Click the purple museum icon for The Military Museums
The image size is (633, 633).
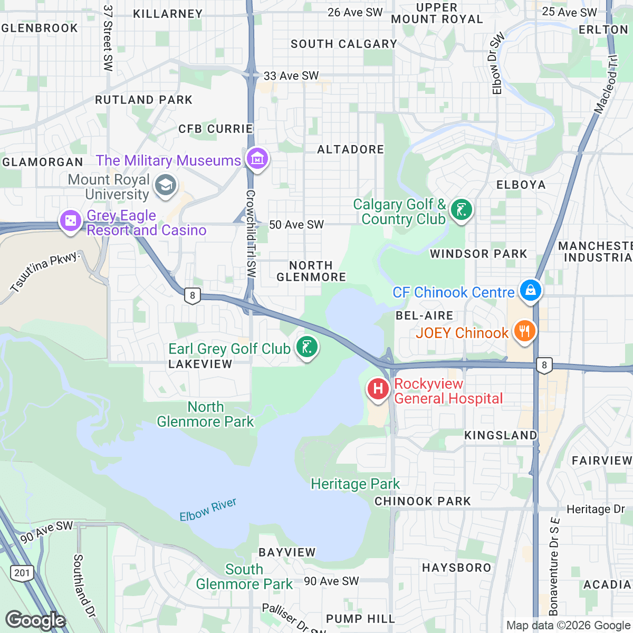tap(257, 158)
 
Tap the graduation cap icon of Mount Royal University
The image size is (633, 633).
tap(166, 185)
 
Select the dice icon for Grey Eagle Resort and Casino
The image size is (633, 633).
tap(70, 220)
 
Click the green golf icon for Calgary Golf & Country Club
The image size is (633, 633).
tap(462, 210)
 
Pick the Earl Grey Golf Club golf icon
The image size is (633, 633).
tap(307, 347)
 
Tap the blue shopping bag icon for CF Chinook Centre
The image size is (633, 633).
tap(531, 290)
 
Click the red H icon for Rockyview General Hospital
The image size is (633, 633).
tap(378, 389)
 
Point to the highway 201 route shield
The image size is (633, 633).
tap(23, 573)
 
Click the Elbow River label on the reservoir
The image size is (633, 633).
tap(208, 510)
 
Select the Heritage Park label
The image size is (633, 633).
tap(355, 484)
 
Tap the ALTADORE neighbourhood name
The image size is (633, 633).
tap(351, 150)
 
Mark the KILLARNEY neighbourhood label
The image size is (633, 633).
tap(168, 14)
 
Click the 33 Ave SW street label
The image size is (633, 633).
tap(291, 76)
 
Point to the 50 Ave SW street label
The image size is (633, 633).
tap(296, 225)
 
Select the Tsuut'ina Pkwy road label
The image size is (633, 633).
tap(45, 272)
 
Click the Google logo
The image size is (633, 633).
tap(35, 620)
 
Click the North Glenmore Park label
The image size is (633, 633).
tap(206, 414)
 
